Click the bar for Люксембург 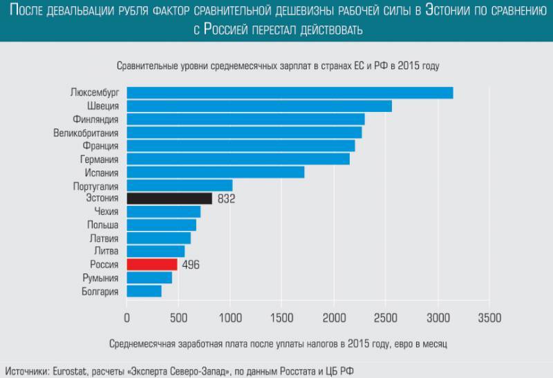(290, 93)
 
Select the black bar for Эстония (169, 199)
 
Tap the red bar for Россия (152, 265)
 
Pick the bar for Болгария (144, 291)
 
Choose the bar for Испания (215, 172)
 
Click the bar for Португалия (179, 186)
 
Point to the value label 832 (226, 200)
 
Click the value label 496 (191, 265)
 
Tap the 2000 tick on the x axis (334, 318)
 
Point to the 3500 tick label (489, 318)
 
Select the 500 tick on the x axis (178, 318)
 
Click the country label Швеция (103, 106)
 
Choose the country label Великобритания (86, 133)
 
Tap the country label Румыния (100, 278)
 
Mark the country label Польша (102, 225)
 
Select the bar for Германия (238, 159)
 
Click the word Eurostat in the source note (73, 371)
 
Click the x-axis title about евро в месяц (279, 343)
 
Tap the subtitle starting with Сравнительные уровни (278, 66)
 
